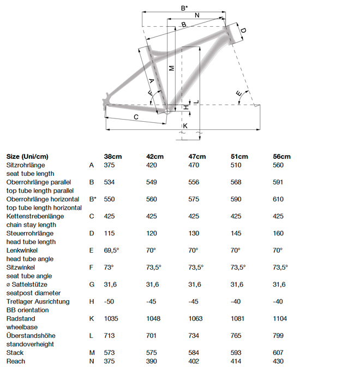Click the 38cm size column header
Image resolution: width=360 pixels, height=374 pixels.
113,156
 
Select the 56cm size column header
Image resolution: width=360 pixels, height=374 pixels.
281,156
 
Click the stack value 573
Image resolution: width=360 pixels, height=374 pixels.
110,353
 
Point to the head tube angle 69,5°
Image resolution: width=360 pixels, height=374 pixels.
113,250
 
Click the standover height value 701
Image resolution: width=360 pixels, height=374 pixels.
152,335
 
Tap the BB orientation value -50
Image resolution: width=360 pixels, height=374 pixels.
110,301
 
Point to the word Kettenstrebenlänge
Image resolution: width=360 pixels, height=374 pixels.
35,216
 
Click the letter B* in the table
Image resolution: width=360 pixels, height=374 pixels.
92,199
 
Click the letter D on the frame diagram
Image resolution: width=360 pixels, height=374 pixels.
243,31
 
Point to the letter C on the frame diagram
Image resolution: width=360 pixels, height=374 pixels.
135,117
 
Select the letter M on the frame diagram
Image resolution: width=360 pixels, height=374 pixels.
171,68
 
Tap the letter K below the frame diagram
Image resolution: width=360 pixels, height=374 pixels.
185,126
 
